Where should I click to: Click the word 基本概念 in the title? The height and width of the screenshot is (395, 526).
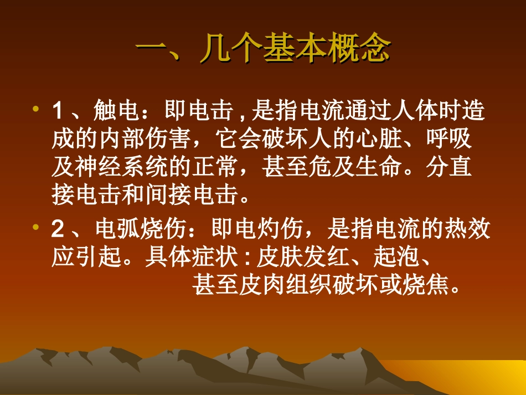coord(326,50)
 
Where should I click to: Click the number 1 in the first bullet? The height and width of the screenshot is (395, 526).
coord(57,112)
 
